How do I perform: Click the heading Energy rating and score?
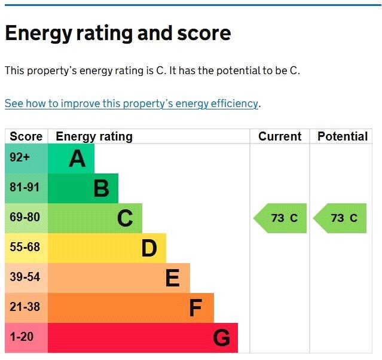click(118, 33)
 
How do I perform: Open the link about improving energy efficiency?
click(131, 103)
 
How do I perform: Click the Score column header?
click(26, 136)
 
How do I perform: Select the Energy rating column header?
click(94, 136)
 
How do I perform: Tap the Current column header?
click(279, 136)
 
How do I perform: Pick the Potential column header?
click(342, 136)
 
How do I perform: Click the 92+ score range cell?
click(20, 158)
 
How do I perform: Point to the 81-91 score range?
click(25, 188)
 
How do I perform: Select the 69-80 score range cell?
click(25, 218)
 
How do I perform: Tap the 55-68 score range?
click(25, 248)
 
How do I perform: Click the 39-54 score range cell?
click(25, 277)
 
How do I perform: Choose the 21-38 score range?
click(25, 307)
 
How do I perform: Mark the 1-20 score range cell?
click(22, 337)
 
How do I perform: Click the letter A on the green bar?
click(77, 159)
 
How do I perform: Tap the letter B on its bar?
click(101, 189)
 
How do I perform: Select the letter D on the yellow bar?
click(149, 249)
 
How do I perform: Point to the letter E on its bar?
click(172, 279)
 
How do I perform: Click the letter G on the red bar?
click(221, 338)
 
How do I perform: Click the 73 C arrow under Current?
click(281, 218)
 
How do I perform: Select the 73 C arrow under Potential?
click(341, 218)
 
